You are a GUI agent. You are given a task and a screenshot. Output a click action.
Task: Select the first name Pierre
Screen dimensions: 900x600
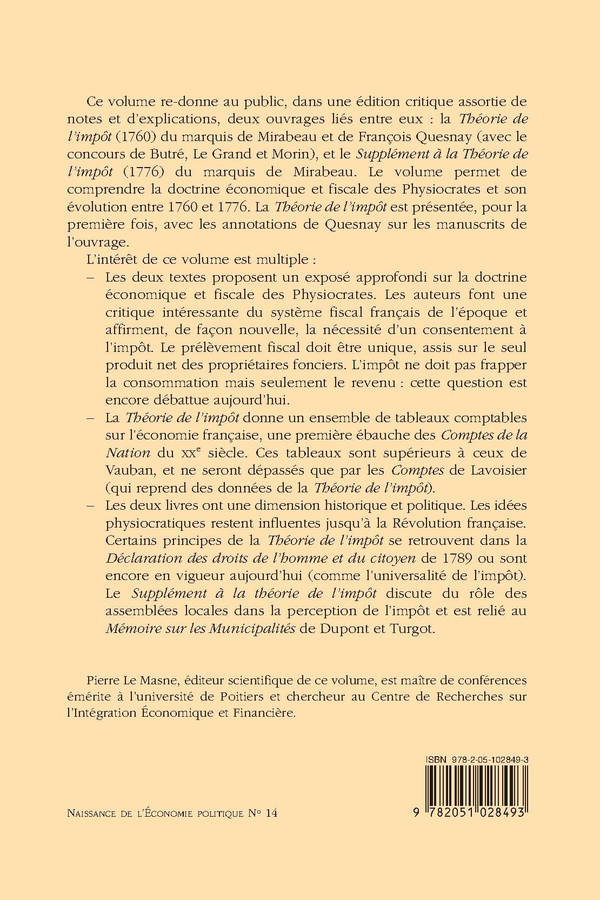[x=102, y=679]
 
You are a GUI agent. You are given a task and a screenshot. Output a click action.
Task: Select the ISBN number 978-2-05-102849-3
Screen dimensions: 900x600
[x=488, y=759]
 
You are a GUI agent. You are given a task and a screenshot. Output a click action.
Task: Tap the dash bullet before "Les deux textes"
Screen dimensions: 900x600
[x=90, y=277]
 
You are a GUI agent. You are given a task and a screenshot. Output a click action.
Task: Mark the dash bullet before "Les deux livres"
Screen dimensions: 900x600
[x=90, y=506]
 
